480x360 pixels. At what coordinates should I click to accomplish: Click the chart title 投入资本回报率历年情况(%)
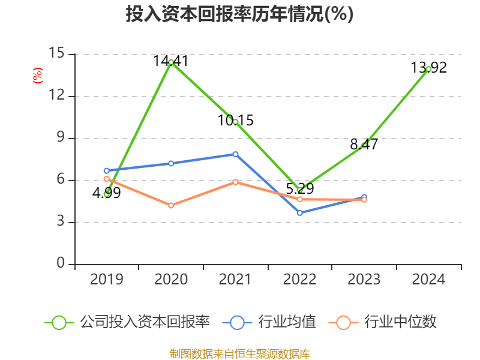239,14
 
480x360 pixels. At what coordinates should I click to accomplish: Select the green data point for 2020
171,62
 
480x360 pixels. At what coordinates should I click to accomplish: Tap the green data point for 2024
428,69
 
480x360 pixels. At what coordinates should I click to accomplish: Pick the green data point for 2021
235,122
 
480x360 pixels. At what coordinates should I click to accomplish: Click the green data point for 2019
106,194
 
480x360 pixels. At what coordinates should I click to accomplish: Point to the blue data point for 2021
235,154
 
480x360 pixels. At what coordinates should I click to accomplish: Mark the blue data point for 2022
300,212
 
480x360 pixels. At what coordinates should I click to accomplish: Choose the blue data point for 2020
171,163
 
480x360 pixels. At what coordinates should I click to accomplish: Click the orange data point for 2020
171,205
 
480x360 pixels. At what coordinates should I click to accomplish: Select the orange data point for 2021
235,182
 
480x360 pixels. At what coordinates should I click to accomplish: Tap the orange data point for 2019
106,179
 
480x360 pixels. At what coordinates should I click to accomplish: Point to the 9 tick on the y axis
60,138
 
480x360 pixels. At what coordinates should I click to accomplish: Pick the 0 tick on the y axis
61,263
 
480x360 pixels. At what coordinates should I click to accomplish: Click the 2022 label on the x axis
300,280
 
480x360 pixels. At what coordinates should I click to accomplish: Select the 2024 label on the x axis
428,280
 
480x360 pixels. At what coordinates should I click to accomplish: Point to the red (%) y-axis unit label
37,76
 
